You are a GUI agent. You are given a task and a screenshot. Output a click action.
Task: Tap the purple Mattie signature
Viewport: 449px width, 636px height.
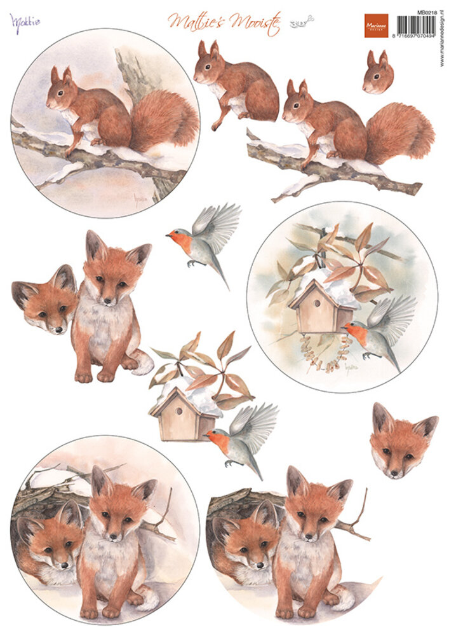[x=25, y=21]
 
